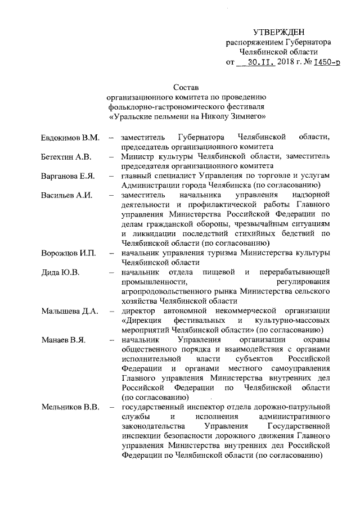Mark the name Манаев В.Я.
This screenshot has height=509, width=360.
pyautogui.click(x=64, y=341)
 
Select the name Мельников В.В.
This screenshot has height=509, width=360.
pyautogui.click(x=70, y=408)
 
